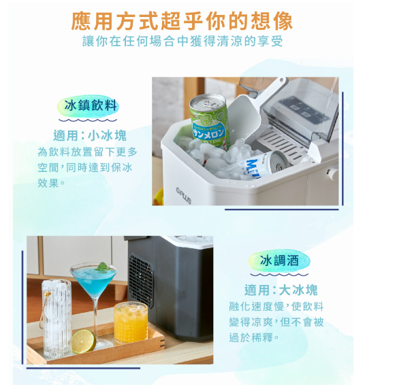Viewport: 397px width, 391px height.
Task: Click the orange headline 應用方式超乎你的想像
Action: click(182, 21)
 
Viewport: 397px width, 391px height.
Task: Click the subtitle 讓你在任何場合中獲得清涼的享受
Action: click(182, 41)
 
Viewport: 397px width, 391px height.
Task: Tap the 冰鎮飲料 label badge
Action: click(88, 106)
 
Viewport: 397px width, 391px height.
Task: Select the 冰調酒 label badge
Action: click(279, 260)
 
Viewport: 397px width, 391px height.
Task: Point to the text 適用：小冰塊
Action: click(90, 136)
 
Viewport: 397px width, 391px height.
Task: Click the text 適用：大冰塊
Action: click(281, 290)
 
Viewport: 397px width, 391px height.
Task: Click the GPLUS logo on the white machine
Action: click(183, 195)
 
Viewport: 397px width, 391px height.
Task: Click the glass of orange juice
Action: click(131, 324)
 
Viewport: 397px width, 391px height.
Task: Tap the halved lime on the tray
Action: click(83, 341)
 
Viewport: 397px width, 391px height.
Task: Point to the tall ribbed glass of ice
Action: click(57, 319)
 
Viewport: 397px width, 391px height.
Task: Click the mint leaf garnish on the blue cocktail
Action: click(101, 267)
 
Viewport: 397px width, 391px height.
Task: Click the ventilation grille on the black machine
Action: click(141, 280)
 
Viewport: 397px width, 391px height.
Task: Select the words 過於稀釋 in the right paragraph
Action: click(251, 337)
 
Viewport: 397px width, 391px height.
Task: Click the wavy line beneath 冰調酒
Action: click(279, 275)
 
